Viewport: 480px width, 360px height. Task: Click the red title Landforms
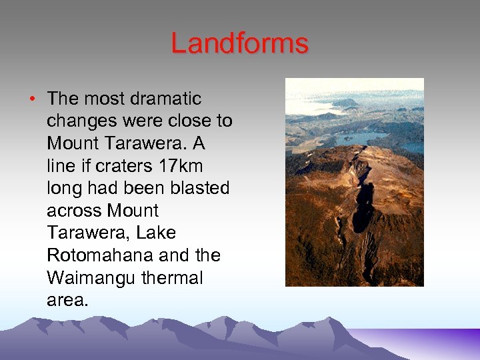click(239, 44)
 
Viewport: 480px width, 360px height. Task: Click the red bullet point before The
click(33, 99)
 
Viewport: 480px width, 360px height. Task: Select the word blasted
click(200, 188)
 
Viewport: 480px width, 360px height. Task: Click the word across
click(73, 211)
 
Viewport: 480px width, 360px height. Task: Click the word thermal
click(172, 278)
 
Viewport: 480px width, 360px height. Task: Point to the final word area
click(67, 300)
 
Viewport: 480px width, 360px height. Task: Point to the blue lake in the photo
click(360, 139)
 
